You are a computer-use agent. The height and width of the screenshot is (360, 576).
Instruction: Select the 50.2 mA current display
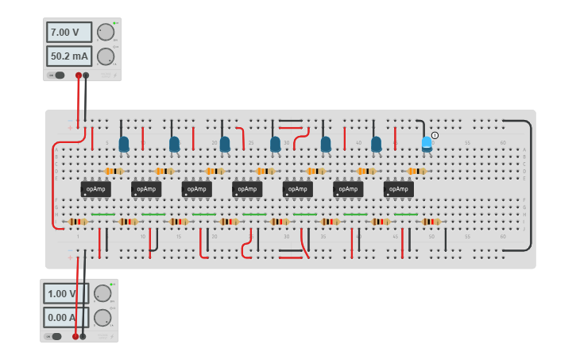(x=69, y=56)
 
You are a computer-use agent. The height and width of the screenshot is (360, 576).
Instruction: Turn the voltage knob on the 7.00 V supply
(x=105, y=33)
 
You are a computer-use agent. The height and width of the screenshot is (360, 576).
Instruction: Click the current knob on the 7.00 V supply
(x=105, y=56)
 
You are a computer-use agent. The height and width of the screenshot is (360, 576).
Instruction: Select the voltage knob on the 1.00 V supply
(x=102, y=293)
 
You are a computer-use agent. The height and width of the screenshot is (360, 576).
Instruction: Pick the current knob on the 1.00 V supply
(x=102, y=317)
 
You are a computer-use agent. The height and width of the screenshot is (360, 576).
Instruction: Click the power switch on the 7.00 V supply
(x=57, y=75)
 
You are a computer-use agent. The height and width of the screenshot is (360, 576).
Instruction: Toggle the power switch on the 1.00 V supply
(x=55, y=336)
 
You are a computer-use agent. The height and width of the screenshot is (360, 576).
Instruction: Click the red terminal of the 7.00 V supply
(x=79, y=75)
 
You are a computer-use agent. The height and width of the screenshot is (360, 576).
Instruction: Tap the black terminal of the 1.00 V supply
(x=83, y=336)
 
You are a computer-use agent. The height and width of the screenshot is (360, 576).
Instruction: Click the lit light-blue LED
(x=427, y=142)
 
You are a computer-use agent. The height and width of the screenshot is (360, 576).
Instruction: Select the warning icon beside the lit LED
(x=435, y=136)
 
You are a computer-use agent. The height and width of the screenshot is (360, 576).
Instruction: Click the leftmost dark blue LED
(x=124, y=144)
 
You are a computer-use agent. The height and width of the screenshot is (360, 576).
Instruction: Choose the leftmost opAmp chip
(x=95, y=189)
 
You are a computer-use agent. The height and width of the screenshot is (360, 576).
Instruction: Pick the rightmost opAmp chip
(x=398, y=189)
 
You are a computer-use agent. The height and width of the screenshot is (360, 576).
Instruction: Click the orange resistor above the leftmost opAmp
(x=114, y=171)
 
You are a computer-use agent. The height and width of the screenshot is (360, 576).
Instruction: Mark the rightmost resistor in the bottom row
(x=431, y=222)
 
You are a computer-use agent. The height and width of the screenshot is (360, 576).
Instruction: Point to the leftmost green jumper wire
(x=102, y=215)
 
